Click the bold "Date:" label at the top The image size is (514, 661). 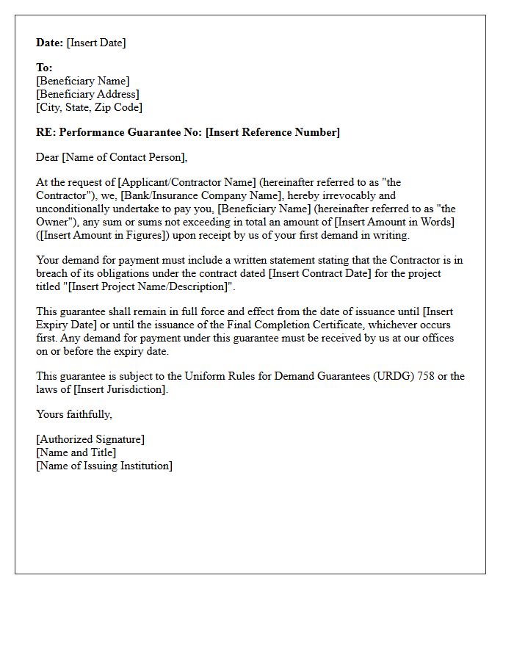[x=50, y=43]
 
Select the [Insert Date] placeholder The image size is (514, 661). [x=96, y=43]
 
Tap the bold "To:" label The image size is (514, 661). [x=44, y=68]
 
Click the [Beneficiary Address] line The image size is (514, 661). [x=87, y=94]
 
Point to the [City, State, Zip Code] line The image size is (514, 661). [x=89, y=107]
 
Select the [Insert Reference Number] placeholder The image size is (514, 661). [x=272, y=132]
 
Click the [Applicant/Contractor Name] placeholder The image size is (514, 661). [x=187, y=182]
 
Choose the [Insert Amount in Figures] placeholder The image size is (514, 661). [x=103, y=235]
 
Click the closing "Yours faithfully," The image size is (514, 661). [x=74, y=414]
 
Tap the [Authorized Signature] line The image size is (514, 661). [x=90, y=439]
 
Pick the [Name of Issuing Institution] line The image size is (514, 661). [x=104, y=466]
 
